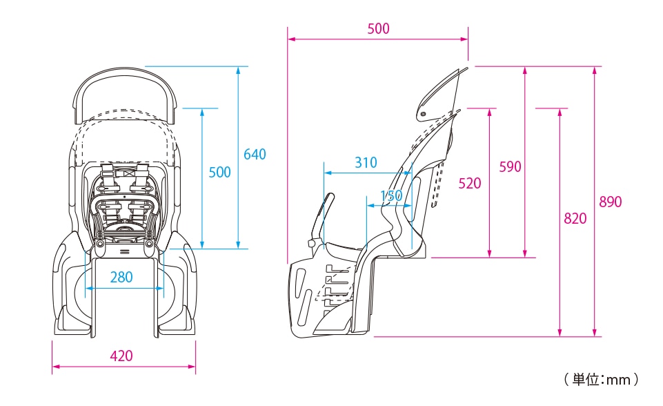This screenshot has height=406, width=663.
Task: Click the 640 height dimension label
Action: click(255, 154)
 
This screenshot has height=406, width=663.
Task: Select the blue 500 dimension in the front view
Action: click(219, 173)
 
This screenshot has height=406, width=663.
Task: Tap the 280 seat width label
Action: click(121, 278)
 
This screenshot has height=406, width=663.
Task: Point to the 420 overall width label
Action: click(121, 356)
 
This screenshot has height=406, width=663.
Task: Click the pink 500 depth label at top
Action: click(378, 29)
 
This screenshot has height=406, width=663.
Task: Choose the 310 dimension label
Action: click(366, 162)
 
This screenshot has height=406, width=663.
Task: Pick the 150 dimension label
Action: click(391, 195)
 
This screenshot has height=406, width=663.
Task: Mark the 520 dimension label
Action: click(470, 183)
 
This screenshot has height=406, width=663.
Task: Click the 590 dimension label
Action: click(510, 167)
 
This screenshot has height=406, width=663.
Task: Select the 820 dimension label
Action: click(575, 218)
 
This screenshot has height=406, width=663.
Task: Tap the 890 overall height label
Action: click(610, 202)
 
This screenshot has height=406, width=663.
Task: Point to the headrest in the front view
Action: click(125, 95)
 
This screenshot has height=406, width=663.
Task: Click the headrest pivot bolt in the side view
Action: click(423, 113)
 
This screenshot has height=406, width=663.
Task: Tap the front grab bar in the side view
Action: click(321, 220)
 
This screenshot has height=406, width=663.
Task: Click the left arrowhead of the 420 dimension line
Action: click(55, 367)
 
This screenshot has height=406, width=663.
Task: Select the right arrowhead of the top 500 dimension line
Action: click(465, 39)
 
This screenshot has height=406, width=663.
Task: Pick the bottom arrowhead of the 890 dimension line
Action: click(595, 333)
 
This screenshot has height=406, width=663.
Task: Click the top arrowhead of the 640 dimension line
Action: click(239, 70)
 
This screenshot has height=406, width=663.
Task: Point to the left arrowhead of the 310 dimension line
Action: click(327, 173)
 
